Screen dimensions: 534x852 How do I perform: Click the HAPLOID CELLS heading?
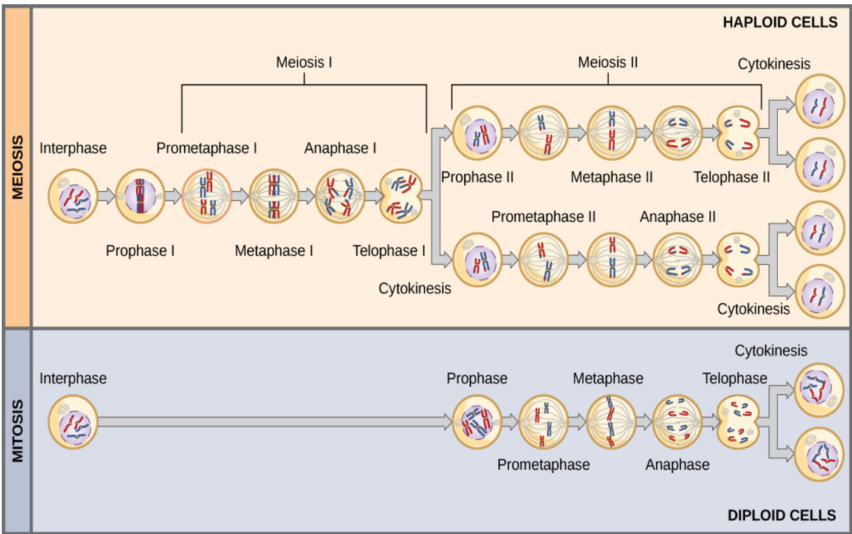point(780,22)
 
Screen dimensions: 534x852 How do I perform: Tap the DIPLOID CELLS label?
point(782,515)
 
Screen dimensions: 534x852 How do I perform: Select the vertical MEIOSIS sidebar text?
point(18,167)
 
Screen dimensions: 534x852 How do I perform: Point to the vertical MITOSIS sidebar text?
point(18,431)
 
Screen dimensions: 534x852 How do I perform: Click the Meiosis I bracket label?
point(304,63)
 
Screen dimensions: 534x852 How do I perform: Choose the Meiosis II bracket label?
point(608,63)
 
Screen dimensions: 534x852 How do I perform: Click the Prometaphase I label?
point(207,148)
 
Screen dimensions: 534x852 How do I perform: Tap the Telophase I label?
point(389,251)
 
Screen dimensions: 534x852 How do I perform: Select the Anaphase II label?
point(678,217)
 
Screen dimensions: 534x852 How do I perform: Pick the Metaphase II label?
point(611,177)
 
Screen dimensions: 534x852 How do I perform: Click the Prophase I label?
point(140,251)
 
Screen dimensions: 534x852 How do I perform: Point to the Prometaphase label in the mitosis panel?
point(543,465)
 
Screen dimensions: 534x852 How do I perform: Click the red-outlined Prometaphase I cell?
point(207,196)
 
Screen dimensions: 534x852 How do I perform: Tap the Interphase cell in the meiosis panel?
point(73,196)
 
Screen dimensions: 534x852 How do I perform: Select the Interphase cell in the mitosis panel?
point(73,422)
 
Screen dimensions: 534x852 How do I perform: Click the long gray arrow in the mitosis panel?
point(273,422)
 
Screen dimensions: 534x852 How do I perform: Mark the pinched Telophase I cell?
point(400,196)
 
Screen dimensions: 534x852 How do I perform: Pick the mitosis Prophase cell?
point(477,422)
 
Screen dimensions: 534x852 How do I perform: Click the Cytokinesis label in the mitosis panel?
point(771,351)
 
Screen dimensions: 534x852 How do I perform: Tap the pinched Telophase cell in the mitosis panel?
point(738,422)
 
